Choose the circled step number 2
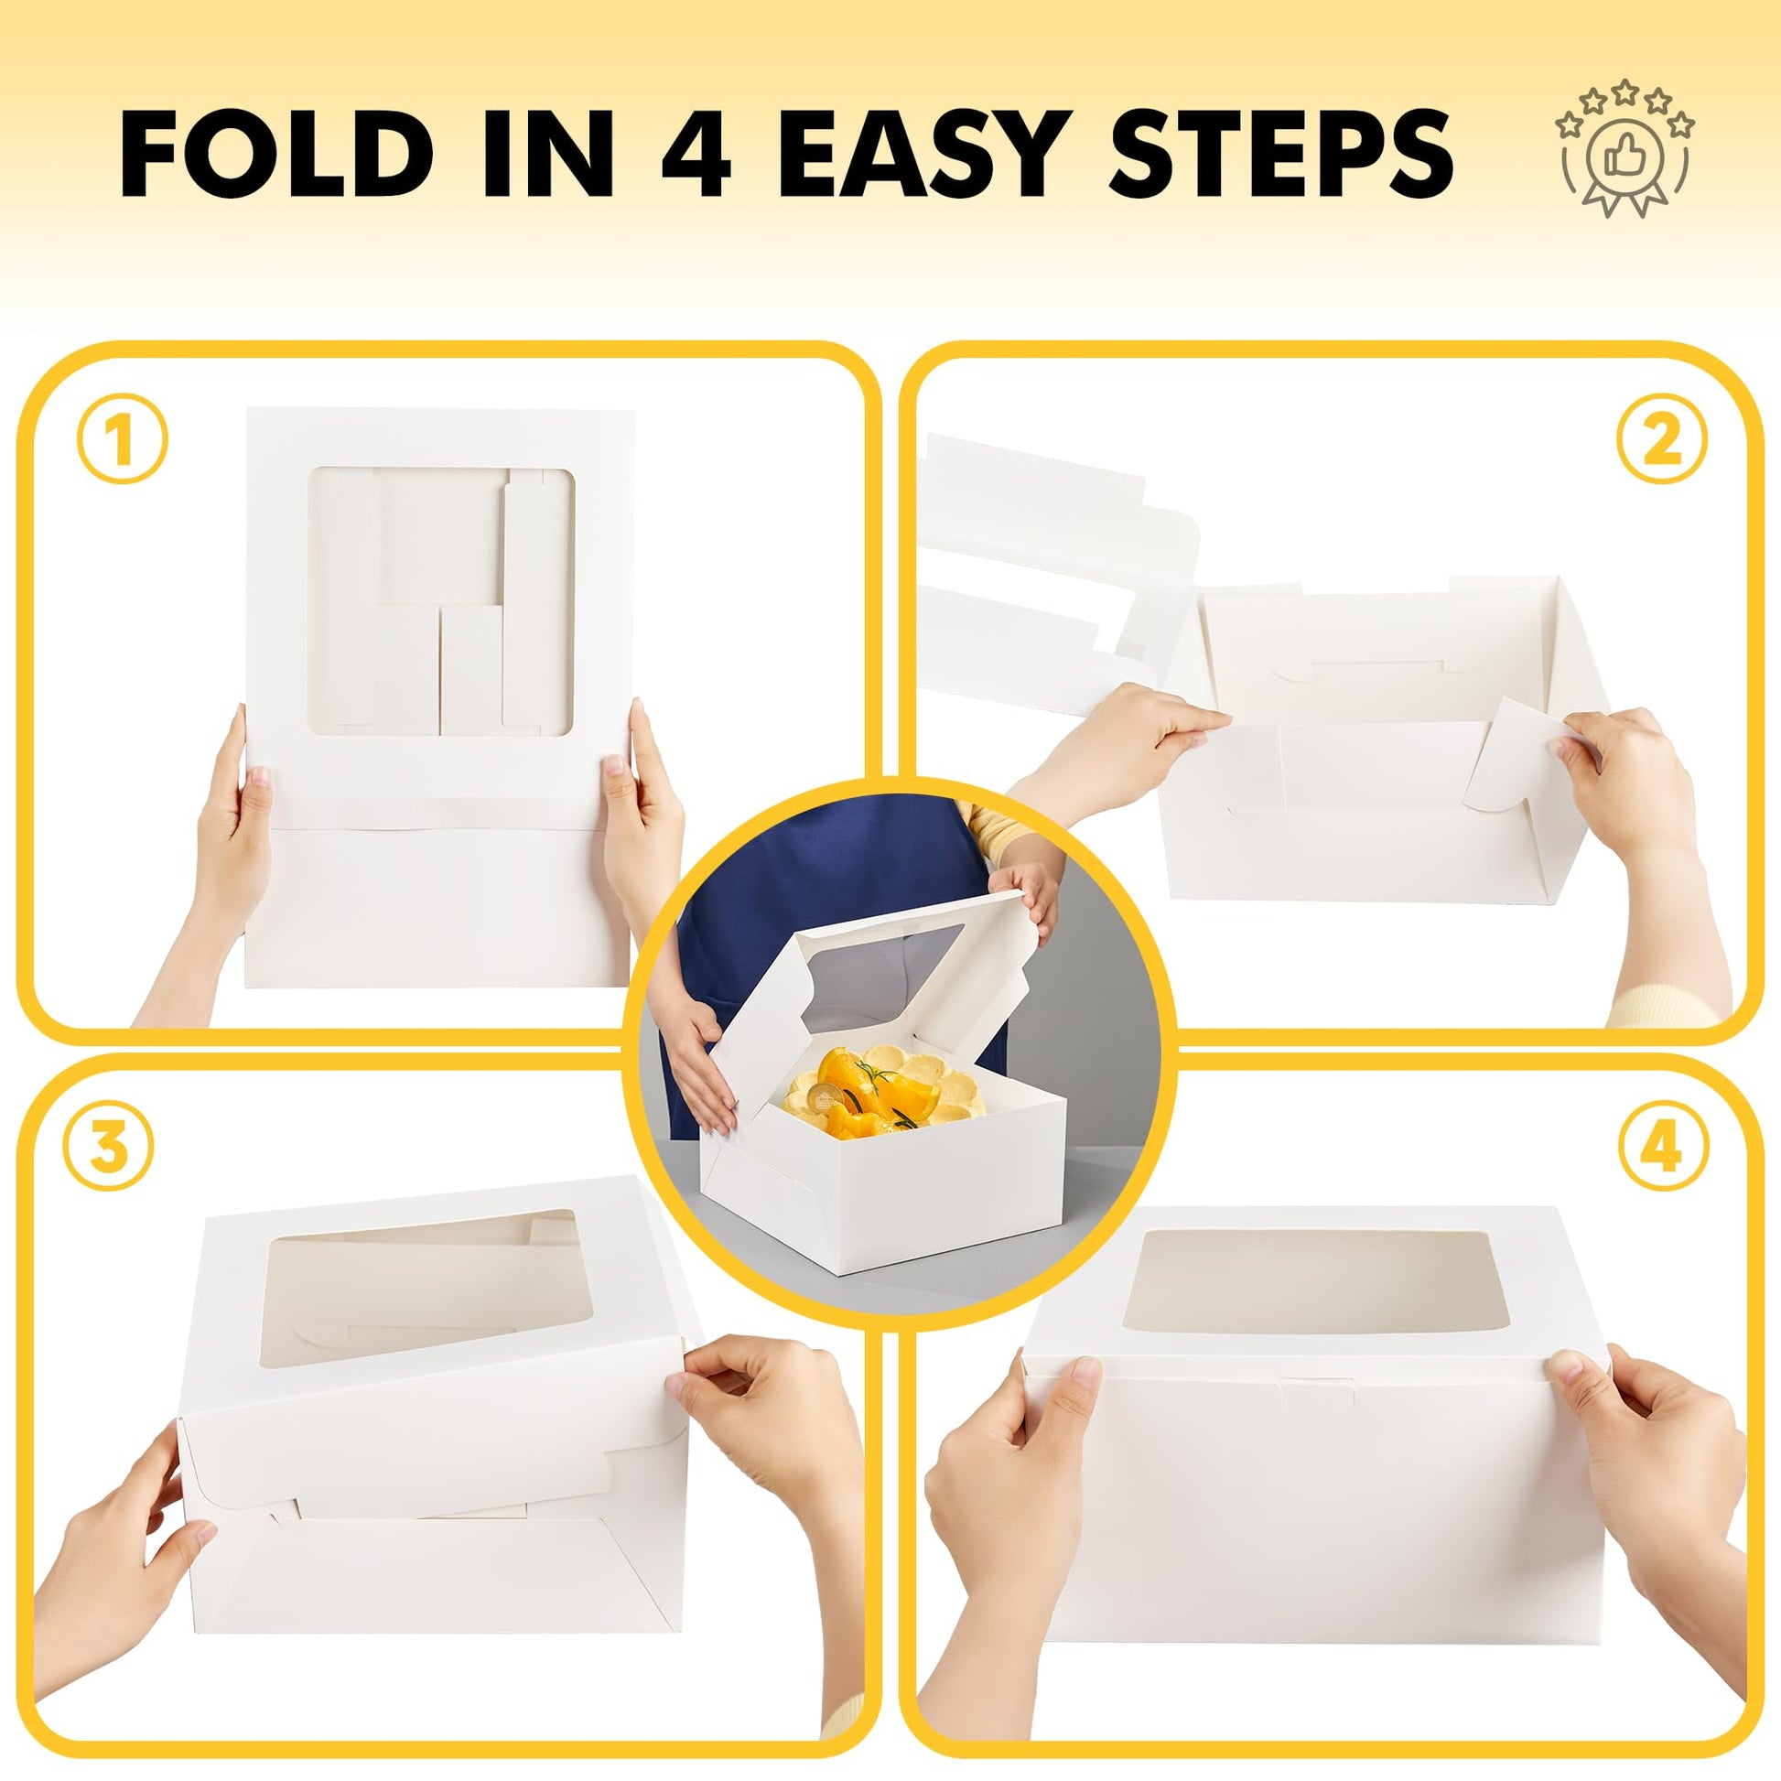[x=1662, y=442]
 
